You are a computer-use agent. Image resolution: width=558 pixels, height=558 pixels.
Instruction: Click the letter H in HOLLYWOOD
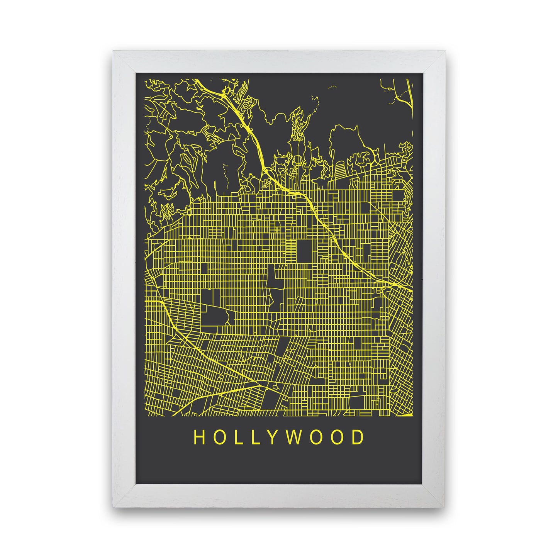point(199,437)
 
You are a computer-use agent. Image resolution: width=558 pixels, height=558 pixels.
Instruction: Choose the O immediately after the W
point(319,437)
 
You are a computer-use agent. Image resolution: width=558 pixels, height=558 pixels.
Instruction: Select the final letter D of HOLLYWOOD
point(359,437)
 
